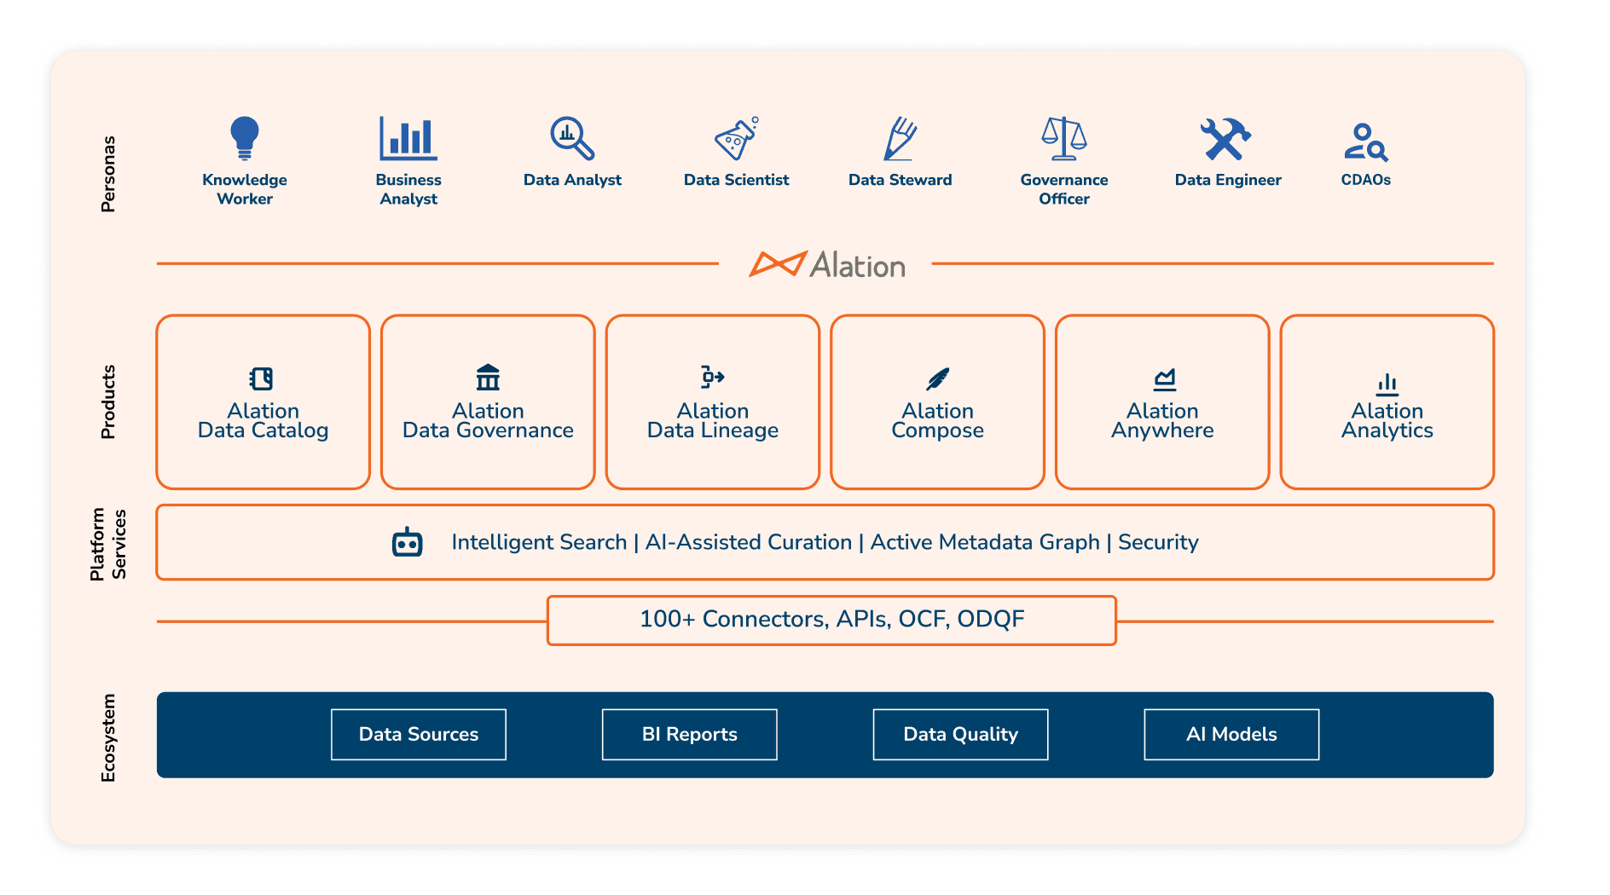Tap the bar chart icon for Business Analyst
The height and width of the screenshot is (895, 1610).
pos(408,139)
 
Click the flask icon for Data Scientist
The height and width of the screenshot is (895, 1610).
pos(736,139)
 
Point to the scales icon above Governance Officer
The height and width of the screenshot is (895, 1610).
pos(1063,139)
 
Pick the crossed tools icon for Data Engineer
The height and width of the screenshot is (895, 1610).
pos(1225,139)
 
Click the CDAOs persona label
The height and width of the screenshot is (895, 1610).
pos(1365,180)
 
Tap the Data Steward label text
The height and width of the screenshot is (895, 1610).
pos(900,180)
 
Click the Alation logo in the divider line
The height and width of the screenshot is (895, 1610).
pos(827,265)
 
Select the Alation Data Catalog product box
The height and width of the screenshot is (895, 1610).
pos(263,402)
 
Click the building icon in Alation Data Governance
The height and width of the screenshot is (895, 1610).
pos(488,377)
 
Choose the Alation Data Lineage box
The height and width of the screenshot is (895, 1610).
pos(712,402)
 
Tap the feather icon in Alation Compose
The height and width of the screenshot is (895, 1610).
pos(937,378)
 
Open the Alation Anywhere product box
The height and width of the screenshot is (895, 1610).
pos(1161,402)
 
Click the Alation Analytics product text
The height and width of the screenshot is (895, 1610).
pos(1387,421)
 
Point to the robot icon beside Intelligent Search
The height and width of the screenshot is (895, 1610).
pos(407,542)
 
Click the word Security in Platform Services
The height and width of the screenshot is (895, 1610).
pos(1158,542)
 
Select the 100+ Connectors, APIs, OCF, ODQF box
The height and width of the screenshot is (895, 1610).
pos(831,620)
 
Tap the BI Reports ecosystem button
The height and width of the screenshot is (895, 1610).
pos(689,734)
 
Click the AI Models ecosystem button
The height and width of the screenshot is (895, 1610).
pos(1231,734)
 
